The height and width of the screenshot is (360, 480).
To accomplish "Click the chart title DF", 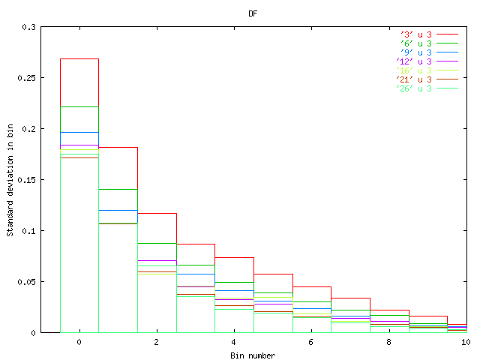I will pos(253,13).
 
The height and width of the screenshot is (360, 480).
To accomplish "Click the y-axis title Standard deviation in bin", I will pos(10,179).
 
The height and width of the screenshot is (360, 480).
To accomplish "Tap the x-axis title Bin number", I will pos(253,355).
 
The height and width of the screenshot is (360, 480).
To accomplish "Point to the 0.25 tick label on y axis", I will pos(26,78).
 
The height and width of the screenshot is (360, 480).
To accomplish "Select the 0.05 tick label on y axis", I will pos(26,282).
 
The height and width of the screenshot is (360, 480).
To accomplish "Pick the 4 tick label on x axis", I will pos(234,342).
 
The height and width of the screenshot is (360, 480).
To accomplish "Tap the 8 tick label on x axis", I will pos(388,342).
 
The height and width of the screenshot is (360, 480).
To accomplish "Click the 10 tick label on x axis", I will pos(466,342).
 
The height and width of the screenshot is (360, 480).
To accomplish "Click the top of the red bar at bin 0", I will pos(79,58).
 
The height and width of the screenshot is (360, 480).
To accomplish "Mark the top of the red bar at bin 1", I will pos(118,147).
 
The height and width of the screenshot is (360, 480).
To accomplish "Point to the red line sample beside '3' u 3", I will pos(448,34).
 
